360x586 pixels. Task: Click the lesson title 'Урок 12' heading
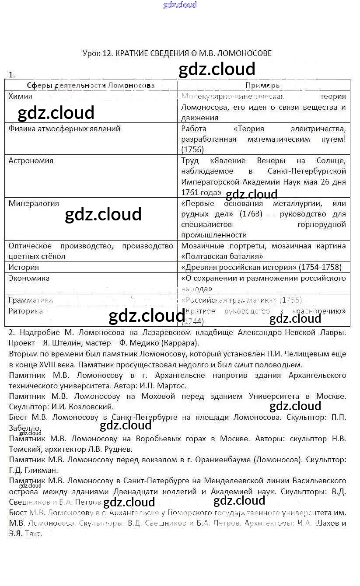pos(177,53)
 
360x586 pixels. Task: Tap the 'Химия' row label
pos(20,97)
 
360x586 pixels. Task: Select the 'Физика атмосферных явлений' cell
pos(64,129)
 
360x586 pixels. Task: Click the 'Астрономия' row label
pos(31,160)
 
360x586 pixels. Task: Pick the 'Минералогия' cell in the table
pos(33,203)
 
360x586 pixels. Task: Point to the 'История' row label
pos(24,267)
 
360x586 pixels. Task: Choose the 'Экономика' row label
pos(29,278)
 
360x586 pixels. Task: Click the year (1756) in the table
pos(192,150)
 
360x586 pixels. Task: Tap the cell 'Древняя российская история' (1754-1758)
pos(261,267)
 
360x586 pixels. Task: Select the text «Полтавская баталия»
pos(222,256)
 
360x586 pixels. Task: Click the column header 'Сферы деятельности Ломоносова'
pos(91,85)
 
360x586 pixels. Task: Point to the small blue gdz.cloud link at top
pos(180,5)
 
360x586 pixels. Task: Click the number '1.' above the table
pos(12,75)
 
